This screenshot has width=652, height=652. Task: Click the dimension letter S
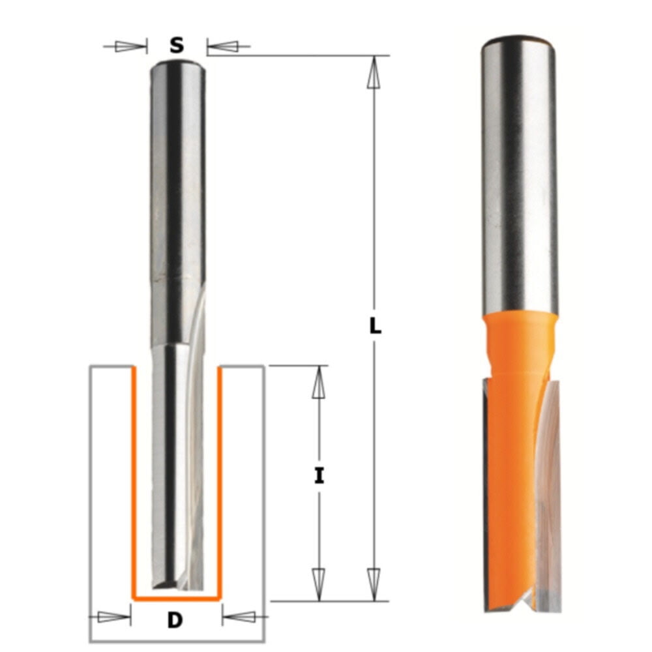click(x=176, y=46)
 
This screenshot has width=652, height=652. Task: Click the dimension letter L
click(x=375, y=327)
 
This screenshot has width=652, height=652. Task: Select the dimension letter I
click(x=319, y=477)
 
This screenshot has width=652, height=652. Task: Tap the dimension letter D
click(x=175, y=620)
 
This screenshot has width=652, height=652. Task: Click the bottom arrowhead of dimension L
click(x=374, y=582)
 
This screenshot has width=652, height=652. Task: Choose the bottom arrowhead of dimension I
click(x=318, y=582)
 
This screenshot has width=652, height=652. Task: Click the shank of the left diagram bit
click(x=177, y=196)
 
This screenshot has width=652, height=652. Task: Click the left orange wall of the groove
click(x=134, y=482)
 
